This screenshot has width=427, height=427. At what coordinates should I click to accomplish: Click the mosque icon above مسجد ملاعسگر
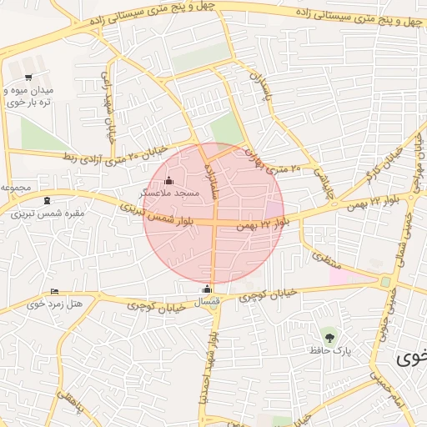(x=169, y=180)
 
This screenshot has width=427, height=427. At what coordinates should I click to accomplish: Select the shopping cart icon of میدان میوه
(x=30, y=66)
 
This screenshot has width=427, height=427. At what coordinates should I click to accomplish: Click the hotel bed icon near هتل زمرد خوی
(x=55, y=291)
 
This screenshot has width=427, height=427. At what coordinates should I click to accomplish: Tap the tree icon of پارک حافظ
(x=331, y=337)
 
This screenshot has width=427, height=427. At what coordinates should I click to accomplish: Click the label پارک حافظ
(x=331, y=350)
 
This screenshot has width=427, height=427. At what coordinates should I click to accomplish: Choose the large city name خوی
(x=411, y=359)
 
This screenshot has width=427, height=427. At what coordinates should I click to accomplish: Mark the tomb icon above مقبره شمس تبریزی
(x=46, y=200)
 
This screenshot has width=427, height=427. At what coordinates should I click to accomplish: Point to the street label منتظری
(x=319, y=251)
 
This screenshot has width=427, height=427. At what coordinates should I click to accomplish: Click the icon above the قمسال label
(x=208, y=289)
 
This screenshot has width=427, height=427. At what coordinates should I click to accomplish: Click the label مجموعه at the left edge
(x=16, y=188)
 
